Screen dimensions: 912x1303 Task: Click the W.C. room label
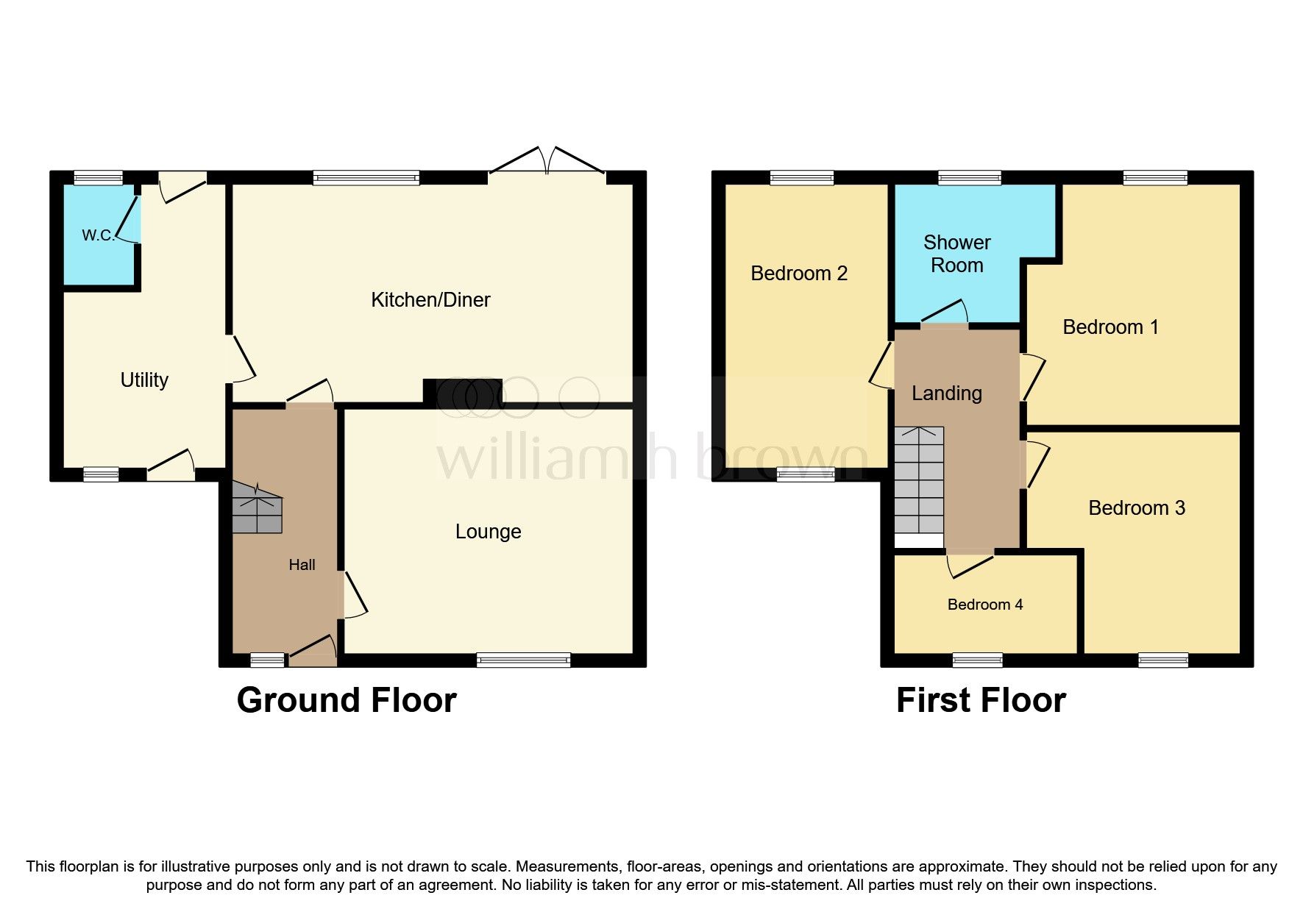pos(98,235)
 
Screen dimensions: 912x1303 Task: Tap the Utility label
pos(144,380)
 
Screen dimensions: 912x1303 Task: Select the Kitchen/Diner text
pos(430,299)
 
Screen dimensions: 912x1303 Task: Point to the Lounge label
pos(488,531)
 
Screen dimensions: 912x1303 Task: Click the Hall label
pos(302,565)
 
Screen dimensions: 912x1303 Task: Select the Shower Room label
pos(956,254)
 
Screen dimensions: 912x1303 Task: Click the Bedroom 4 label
pos(984,605)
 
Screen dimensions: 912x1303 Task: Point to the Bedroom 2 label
pos(799,274)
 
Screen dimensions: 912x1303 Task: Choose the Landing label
pos(946,393)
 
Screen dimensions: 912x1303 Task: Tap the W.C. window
pos(98,177)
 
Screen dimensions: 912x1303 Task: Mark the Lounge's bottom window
pos(523,660)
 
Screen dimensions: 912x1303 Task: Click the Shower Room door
pos(945,314)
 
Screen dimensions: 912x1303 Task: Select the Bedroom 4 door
pos(970,563)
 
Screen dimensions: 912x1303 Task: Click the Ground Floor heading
pos(347,700)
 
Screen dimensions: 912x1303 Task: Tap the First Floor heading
pos(980,700)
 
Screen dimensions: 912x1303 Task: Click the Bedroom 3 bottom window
pos(1162,660)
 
